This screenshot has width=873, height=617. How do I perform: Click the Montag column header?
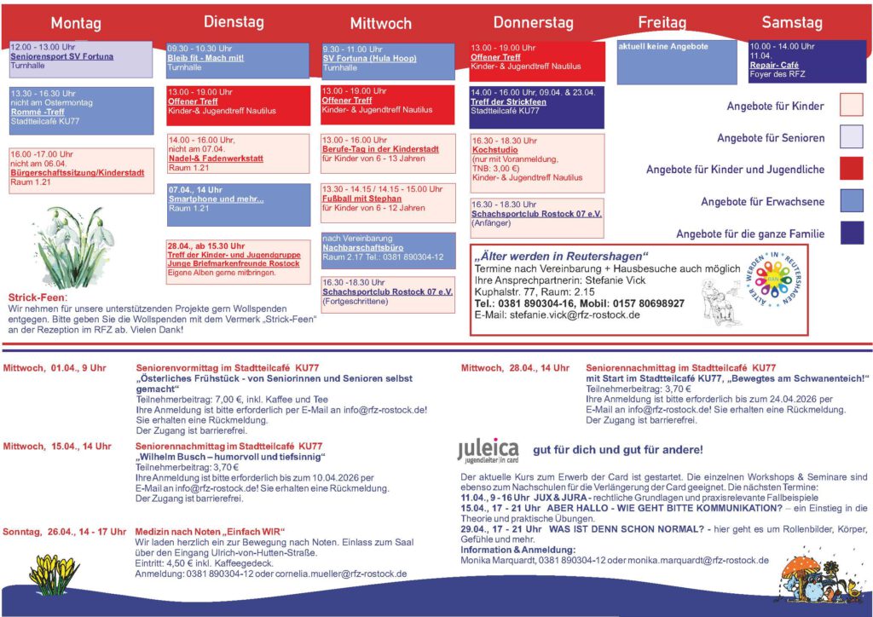pyautogui.click(x=76, y=23)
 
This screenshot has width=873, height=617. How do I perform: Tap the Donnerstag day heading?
pyautogui.click(x=535, y=22)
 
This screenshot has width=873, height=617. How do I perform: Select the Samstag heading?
pyautogui.click(x=792, y=22)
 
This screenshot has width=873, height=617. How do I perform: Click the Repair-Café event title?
pyautogui.click(x=774, y=65)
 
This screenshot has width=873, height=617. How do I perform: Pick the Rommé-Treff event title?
pyautogui.click(x=37, y=112)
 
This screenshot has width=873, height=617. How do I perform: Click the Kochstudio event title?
pyautogui.click(x=494, y=149)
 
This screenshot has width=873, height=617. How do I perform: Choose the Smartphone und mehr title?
pyautogui.click(x=216, y=199)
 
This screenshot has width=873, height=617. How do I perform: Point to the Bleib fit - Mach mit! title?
pyautogui.click(x=205, y=58)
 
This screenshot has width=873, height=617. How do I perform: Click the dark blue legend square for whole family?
pyautogui.click(x=851, y=233)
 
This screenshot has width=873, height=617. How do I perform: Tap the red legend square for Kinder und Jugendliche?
pyautogui.click(x=851, y=169)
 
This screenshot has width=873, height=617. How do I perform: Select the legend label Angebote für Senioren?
pyautogui.click(x=771, y=138)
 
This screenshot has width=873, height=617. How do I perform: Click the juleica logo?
pyautogui.click(x=488, y=451)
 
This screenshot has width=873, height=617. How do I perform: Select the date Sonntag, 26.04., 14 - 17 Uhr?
pyautogui.click(x=65, y=531)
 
